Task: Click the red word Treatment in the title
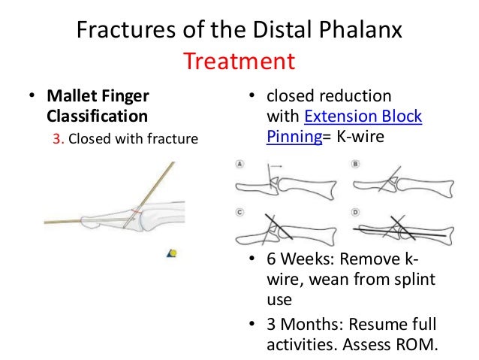click(239, 59)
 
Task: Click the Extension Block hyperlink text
click(363, 117)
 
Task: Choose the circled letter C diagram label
click(239, 212)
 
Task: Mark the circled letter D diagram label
click(355, 212)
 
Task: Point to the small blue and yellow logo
click(172, 253)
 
